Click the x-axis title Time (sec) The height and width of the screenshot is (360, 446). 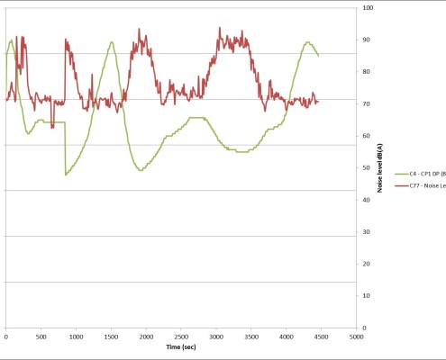[x=181, y=347]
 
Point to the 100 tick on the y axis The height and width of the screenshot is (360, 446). [x=368, y=8]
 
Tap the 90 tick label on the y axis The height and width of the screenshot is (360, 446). [x=366, y=40]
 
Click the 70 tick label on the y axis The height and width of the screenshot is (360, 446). [x=366, y=104]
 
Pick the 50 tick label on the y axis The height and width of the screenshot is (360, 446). [x=366, y=168]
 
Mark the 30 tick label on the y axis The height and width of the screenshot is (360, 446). [x=366, y=232]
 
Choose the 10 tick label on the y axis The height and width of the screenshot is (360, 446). [x=366, y=295]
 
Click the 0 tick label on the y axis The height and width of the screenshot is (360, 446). [x=364, y=328]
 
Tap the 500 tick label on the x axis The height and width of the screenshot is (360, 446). [x=41, y=337]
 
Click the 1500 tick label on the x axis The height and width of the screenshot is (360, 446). [x=111, y=337]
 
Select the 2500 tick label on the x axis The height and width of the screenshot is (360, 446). [x=181, y=337]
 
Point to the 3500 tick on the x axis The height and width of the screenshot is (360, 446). [x=251, y=337]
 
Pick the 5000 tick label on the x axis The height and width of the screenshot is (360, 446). [x=356, y=337]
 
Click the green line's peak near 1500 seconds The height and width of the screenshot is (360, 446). [x=111, y=42]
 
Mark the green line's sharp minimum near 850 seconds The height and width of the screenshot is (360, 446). [x=66, y=175]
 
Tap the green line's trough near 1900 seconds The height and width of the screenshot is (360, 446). [x=140, y=170]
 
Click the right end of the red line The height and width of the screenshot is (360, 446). [x=318, y=102]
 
